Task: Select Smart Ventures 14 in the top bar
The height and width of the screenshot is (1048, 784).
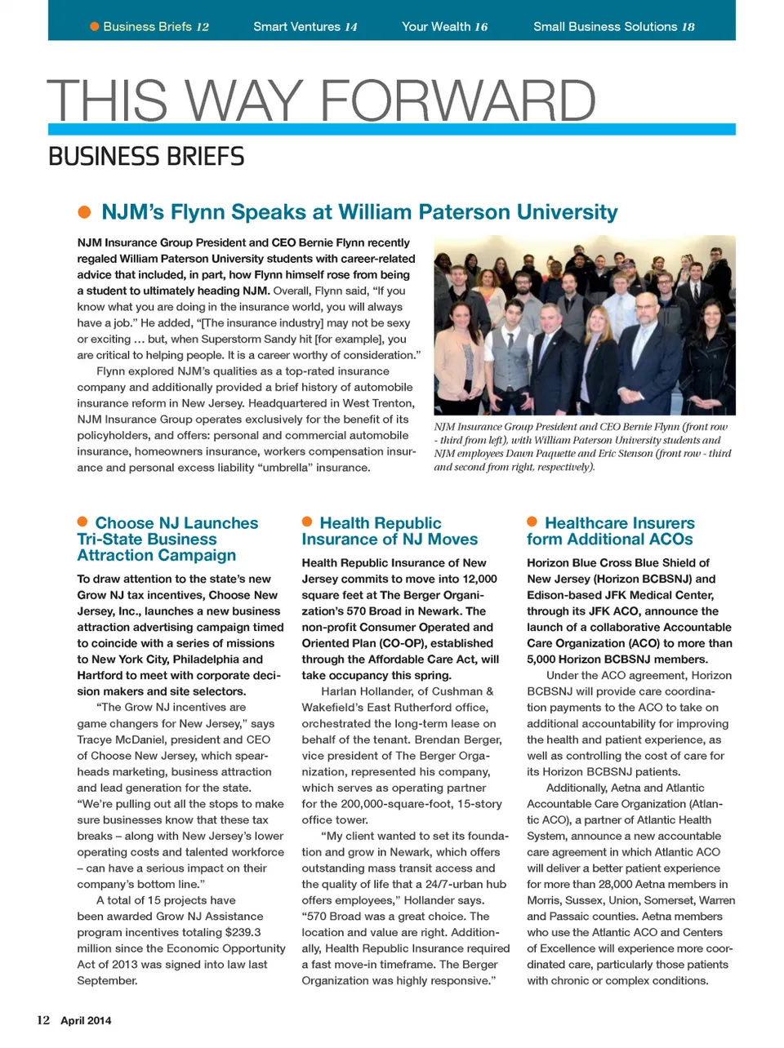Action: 305,26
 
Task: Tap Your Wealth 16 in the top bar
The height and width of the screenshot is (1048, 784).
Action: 444,26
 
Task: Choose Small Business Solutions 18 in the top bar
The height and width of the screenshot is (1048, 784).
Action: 613,26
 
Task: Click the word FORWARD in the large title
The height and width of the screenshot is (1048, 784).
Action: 457,101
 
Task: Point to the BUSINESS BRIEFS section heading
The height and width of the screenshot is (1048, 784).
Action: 146,156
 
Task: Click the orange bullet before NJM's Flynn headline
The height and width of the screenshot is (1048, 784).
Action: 84,212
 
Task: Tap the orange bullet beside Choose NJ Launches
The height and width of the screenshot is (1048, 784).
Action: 82,522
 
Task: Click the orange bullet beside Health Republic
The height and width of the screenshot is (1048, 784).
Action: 307,522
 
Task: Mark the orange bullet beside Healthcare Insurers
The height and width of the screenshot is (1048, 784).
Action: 532,522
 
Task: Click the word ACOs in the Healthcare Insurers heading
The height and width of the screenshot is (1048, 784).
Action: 666,540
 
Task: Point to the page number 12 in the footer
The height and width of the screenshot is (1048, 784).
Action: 43,1020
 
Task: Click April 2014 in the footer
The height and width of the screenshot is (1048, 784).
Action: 86,1020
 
